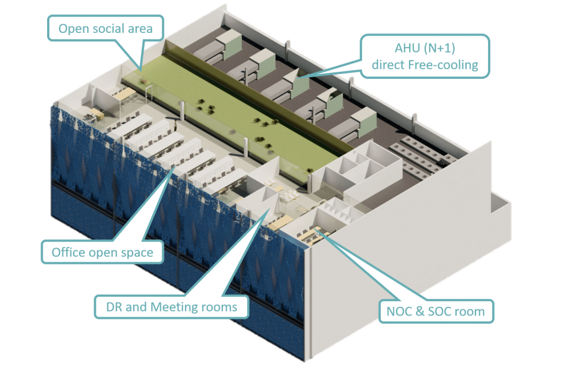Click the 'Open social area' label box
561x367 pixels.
106,28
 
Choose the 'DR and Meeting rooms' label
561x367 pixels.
171,307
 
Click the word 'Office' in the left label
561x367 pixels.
69,253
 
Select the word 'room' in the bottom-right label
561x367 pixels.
471,312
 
